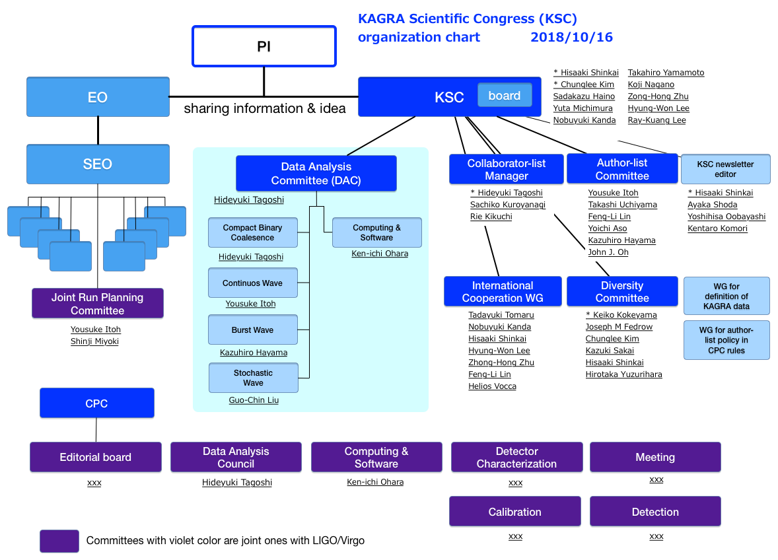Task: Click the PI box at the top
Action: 264,46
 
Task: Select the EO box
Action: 98,96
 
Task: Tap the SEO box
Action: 98,164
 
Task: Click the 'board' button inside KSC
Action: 505,95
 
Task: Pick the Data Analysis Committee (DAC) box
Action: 316,174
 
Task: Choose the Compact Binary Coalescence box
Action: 252,232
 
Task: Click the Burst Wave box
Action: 252,330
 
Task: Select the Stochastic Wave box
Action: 253,378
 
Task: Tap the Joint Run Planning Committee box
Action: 98,304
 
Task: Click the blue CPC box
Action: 96,403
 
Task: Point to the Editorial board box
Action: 96,457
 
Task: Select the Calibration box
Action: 515,511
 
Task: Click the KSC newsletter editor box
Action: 725,169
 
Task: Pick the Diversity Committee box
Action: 622,292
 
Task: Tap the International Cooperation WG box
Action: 503,292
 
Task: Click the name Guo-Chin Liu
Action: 254,400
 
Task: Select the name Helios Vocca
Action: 492,386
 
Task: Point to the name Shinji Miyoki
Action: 94,341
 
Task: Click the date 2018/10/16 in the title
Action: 571,37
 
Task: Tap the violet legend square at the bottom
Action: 59,541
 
